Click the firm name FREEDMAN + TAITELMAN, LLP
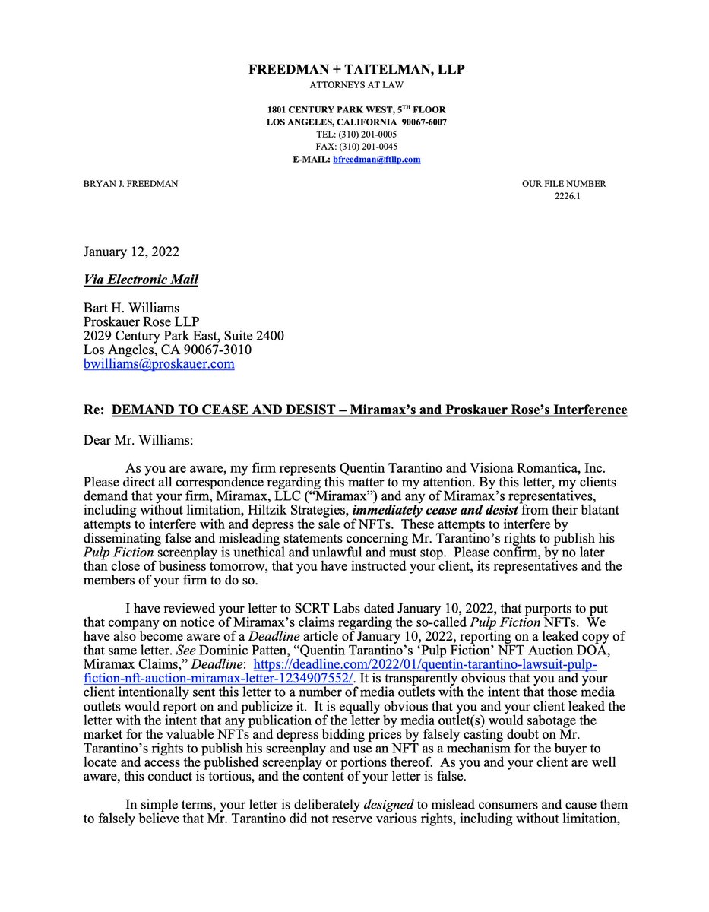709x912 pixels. pos(356,70)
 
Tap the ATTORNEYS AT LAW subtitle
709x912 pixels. pos(356,84)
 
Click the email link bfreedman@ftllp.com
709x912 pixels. pos(376,160)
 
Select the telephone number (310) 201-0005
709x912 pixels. pos(368,135)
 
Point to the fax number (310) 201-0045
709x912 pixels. pos(368,147)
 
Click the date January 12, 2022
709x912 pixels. pos(131,252)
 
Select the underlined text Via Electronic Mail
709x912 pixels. pos(141,280)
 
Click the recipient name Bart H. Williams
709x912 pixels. pos(132,309)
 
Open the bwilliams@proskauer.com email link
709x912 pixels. pos(159,364)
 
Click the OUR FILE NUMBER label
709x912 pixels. pos(563,184)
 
